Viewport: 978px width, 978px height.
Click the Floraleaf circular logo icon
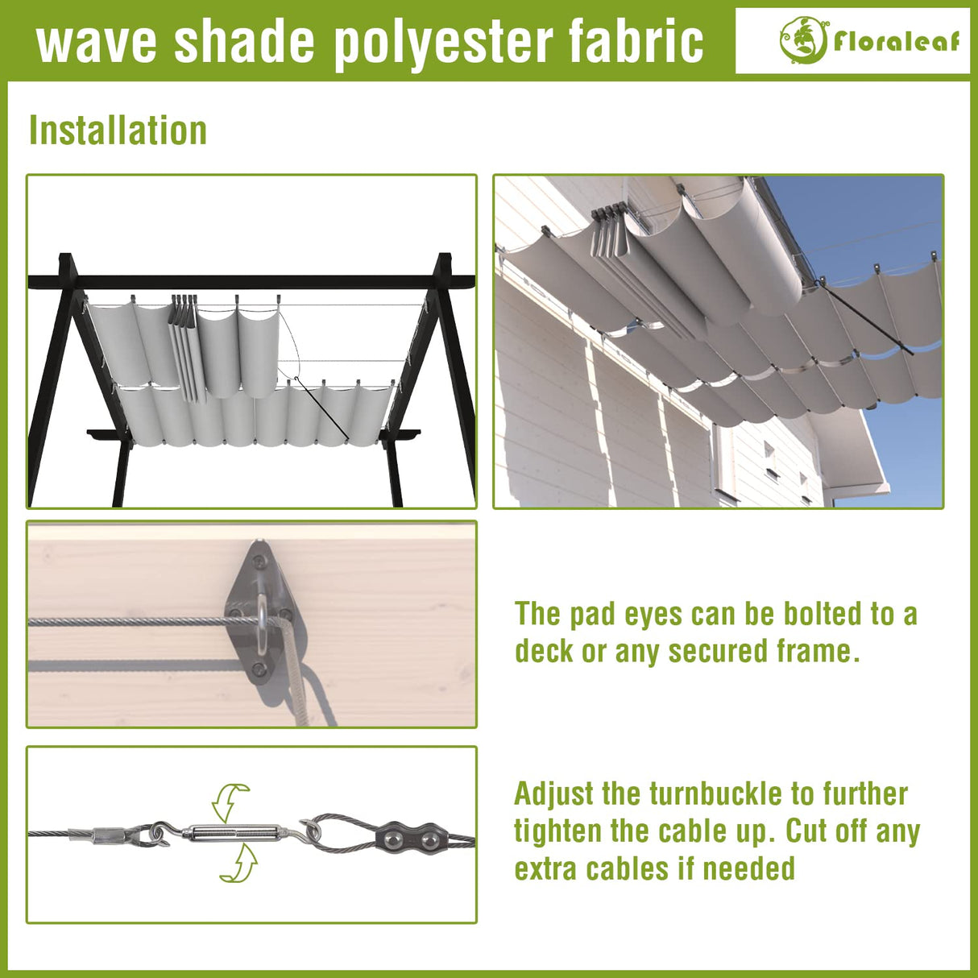click(x=802, y=39)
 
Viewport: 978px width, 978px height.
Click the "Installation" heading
click(x=118, y=131)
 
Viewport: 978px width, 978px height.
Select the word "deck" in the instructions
click(x=545, y=651)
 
